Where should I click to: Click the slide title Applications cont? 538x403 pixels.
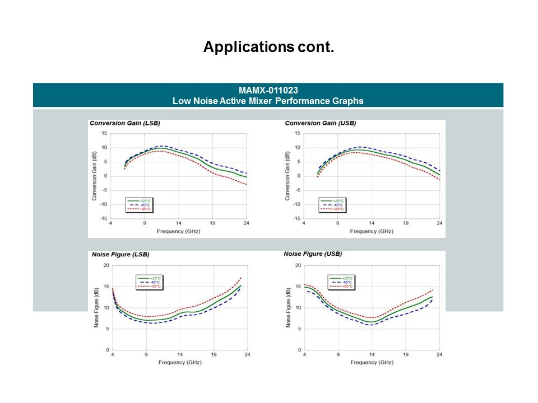[x=268, y=47]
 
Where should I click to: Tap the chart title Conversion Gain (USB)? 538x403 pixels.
[x=320, y=123]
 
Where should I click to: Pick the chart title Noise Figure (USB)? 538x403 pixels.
[x=313, y=254]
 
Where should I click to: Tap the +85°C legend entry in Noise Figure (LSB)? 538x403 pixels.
[x=148, y=286]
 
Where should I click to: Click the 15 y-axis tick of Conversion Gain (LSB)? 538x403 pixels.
[x=105, y=133]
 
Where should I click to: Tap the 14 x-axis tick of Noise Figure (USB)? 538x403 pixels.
[x=372, y=355]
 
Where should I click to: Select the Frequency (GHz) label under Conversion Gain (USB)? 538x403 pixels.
[x=372, y=231]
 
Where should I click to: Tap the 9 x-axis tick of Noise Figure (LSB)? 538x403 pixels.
[x=146, y=355]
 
